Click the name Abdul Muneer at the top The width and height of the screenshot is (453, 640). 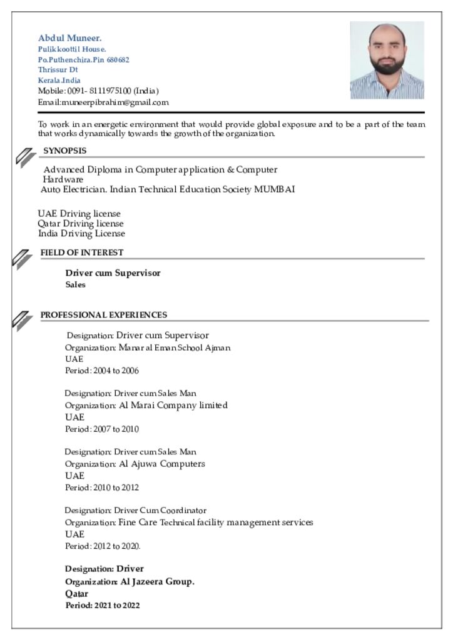pos(69,37)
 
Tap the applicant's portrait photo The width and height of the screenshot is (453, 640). pos(387,60)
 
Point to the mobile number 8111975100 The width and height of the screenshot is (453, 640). pos(110,91)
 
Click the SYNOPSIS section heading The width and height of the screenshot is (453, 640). pos(64,151)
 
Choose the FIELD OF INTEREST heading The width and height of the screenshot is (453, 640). pos(82,252)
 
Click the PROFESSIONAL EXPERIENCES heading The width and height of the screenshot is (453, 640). pos(104,315)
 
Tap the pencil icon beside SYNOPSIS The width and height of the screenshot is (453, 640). pos(23,157)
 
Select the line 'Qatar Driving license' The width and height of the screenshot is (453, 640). pos(81,224)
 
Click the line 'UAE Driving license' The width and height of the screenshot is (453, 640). pos(79,214)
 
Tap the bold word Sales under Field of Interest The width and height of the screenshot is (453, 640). pos(76,285)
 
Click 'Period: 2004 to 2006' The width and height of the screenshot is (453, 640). pos(102,371)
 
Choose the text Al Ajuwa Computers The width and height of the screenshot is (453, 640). pos(162,464)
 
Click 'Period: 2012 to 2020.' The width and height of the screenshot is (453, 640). pos(103,546)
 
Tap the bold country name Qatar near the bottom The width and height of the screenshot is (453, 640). pos(77,594)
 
